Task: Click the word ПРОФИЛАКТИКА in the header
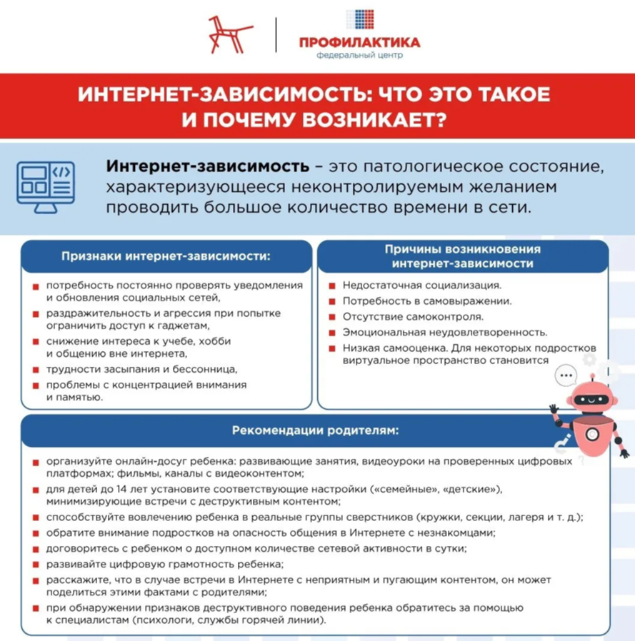(x=359, y=42)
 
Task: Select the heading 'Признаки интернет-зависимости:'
(x=166, y=256)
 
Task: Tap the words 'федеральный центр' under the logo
(x=359, y=56)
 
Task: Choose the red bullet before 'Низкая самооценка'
(x=332, y=348)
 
